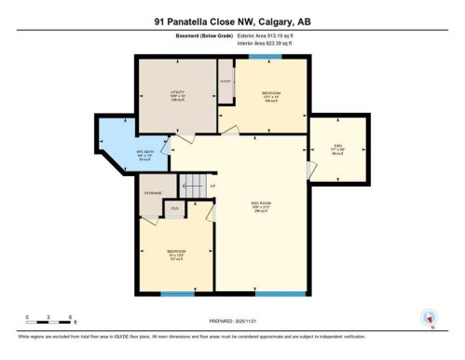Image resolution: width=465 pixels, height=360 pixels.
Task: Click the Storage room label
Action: coord(153,193)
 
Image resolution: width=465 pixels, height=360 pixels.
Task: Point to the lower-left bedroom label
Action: coord(176,254)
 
